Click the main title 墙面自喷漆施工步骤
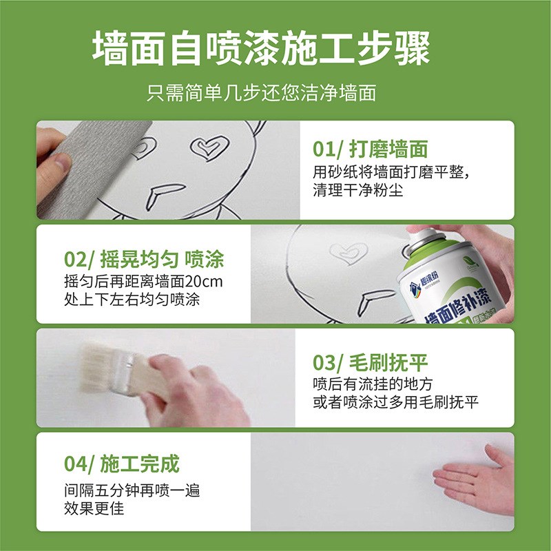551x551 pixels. [x=261, y=48]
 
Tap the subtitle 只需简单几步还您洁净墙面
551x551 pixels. [x=261, y=93]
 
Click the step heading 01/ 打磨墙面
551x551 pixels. [x=370, y=149]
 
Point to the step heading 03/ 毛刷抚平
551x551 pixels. [x=370, y=362]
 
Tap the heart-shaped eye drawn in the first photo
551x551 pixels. [x=209, y=147]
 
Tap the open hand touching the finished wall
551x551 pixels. [x=475, y=479]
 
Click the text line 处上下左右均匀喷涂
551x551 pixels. [x=127, y=300]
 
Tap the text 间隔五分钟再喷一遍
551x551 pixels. [x=131, y=492]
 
